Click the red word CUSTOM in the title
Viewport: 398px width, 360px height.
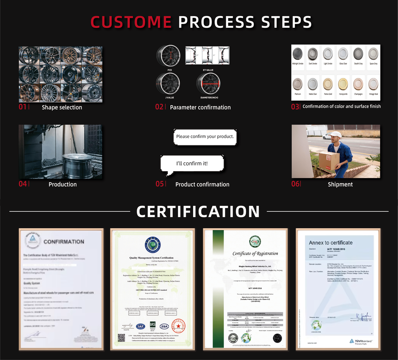[131, 22]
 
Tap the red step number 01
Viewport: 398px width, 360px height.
[22, 107]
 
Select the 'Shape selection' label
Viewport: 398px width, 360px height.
[62, 107]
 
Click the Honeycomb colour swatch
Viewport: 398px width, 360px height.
[342, 84]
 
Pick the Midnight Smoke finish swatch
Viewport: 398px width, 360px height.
[298, 54]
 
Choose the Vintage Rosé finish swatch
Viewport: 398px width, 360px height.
[373, 84]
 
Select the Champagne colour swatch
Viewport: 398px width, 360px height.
[358, 84]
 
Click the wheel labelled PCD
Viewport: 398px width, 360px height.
[168, 56]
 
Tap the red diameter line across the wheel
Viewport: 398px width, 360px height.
[208, 83]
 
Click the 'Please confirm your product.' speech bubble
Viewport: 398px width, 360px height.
[205, 136]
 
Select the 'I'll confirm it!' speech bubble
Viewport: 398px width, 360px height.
[192, 163]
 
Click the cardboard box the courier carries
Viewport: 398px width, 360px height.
[328, 159]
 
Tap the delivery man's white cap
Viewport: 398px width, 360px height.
[336, 134]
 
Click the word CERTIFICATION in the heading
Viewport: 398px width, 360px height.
[198, 212]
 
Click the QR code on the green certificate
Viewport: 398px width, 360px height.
[121, 338]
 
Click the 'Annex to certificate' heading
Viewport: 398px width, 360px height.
[330, 242]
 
